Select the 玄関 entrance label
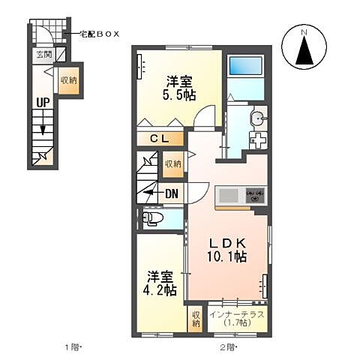[x=44, y=55]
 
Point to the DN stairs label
[x=171, y=193]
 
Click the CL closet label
[x=162, y=139]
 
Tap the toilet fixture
[x=152, y=219]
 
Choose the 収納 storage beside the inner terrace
[x=196, y=319]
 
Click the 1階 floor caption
[x=72, y=347]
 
